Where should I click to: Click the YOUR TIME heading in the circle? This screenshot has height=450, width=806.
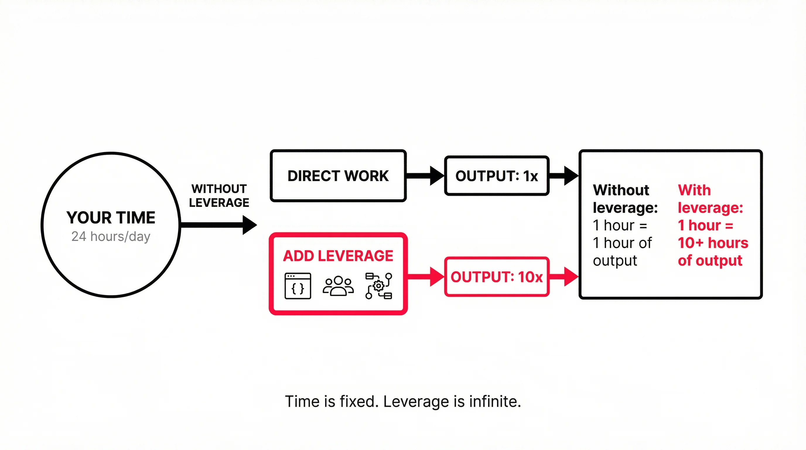coord(111,217)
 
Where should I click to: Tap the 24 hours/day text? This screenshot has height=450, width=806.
coord(111,237)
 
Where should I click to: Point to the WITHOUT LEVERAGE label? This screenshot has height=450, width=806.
coord(219,196)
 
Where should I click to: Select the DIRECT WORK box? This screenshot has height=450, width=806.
coord(338,176)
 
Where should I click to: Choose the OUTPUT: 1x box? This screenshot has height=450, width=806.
coord(496,176)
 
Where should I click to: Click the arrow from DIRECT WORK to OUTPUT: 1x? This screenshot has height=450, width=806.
coord(426,176)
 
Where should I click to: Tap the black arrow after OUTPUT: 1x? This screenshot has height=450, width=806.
coord(565,176)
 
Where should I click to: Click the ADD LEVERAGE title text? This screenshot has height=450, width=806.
coord(338,256)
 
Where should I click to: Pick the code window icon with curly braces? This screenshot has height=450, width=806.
coord(298,286)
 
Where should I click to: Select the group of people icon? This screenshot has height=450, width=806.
coord(338,285)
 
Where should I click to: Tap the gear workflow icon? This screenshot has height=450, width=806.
coord(379,286)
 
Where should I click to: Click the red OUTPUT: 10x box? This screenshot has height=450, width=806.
coord(496,277)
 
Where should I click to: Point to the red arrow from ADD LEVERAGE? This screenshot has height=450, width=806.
coord(426,277)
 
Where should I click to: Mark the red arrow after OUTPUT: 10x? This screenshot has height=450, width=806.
coord(565,277)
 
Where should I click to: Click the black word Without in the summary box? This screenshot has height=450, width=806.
coord(621,190)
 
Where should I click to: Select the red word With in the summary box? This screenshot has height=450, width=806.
coord(694,190)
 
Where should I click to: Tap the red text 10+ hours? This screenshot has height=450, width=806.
coord(713,243)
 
